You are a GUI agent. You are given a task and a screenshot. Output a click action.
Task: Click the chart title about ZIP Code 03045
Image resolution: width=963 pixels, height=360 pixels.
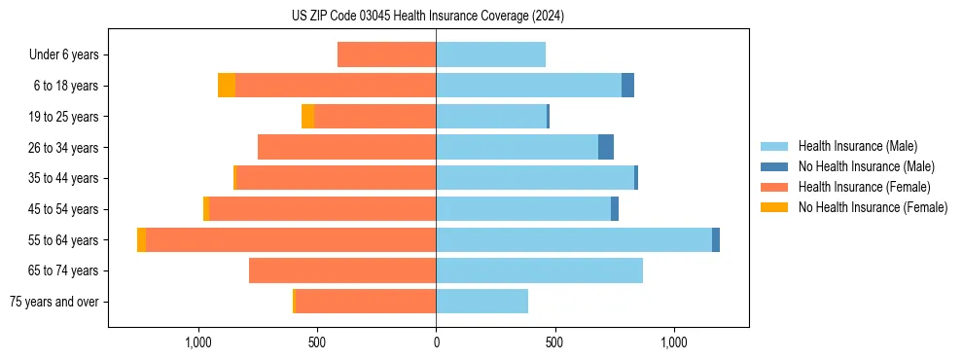coord(427,16)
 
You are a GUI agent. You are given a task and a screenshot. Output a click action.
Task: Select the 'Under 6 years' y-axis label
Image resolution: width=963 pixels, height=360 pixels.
coord(63,54)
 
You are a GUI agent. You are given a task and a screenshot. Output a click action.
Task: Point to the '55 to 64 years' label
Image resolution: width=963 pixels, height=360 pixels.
coord(63,240)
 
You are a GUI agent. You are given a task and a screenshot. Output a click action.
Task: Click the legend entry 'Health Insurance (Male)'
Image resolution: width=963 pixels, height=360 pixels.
coord(857,146)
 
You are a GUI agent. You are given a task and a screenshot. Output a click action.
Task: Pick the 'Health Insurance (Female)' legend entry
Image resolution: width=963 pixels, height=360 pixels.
coord(864,187)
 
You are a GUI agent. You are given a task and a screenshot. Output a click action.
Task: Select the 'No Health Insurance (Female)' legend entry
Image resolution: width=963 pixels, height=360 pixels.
coord(873,207)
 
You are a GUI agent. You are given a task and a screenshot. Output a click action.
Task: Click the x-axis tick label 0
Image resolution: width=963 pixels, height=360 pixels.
coord(436,343)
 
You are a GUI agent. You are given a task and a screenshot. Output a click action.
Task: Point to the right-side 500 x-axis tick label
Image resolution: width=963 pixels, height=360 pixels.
coord(554,343)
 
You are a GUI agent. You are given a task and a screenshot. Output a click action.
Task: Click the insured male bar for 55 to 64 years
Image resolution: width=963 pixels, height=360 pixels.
coord(574,239)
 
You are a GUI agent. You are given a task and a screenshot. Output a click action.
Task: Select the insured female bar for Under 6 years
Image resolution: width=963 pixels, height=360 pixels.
coord(386,54)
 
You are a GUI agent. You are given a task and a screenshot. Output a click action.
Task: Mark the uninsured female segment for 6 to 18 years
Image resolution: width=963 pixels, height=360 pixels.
coord(227,86)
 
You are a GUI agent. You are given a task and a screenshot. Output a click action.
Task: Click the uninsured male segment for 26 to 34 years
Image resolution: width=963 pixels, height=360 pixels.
coord(606,147)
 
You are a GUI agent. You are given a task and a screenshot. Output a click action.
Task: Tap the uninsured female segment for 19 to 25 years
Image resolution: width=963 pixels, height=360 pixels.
coord(307,116)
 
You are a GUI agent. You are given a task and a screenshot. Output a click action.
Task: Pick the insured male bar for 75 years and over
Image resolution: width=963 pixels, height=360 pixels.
coord(481,302)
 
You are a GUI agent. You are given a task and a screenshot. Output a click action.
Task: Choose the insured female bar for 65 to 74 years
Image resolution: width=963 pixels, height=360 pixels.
coord(342,270)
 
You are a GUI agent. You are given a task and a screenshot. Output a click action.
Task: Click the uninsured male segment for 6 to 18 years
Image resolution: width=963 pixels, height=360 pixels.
coord(627,86)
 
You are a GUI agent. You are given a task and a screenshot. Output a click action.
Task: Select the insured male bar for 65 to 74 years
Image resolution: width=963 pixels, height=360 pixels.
coord(539,270)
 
